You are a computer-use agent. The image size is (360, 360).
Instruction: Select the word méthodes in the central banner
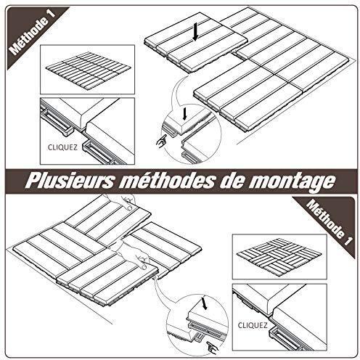tap(166, 181)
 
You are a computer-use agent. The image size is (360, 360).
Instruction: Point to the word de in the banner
tap(231, 181)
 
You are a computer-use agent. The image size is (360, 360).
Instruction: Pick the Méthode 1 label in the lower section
tap(330, 223)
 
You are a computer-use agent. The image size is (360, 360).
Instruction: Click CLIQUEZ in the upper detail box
tap(62, 147)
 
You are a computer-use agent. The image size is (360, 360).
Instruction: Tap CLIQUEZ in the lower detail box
tap(253, 325)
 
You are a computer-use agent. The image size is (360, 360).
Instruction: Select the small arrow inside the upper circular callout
tap(185, 114)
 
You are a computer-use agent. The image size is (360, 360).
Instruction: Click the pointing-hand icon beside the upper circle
tap(161, 141)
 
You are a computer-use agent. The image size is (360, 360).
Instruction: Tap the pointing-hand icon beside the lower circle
tap(213, 347)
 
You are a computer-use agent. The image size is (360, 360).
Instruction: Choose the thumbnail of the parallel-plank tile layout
tap(88, 69)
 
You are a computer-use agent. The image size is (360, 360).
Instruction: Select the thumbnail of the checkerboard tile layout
tap(279, 256)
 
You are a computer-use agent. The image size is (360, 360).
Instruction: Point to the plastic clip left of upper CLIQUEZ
tap(57, 120)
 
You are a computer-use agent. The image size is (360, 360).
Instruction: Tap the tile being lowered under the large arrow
tap(196, 42)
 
